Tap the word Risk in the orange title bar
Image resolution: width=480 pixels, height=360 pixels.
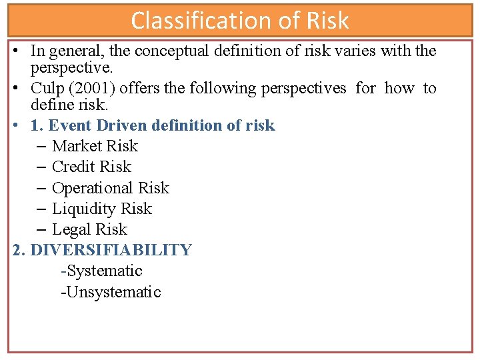coord(327,21)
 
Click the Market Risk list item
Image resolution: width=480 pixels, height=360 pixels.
coord(95,146)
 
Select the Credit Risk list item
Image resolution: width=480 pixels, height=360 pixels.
coord(91,167)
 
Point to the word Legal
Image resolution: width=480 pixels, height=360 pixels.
coord(70,229)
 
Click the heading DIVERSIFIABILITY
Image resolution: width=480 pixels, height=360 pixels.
coord(111,250)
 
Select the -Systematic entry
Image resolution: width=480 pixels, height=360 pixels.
coord(101,271)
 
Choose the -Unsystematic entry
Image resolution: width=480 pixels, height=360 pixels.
coord(111,292)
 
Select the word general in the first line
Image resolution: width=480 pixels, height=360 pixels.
coord(72,51)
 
